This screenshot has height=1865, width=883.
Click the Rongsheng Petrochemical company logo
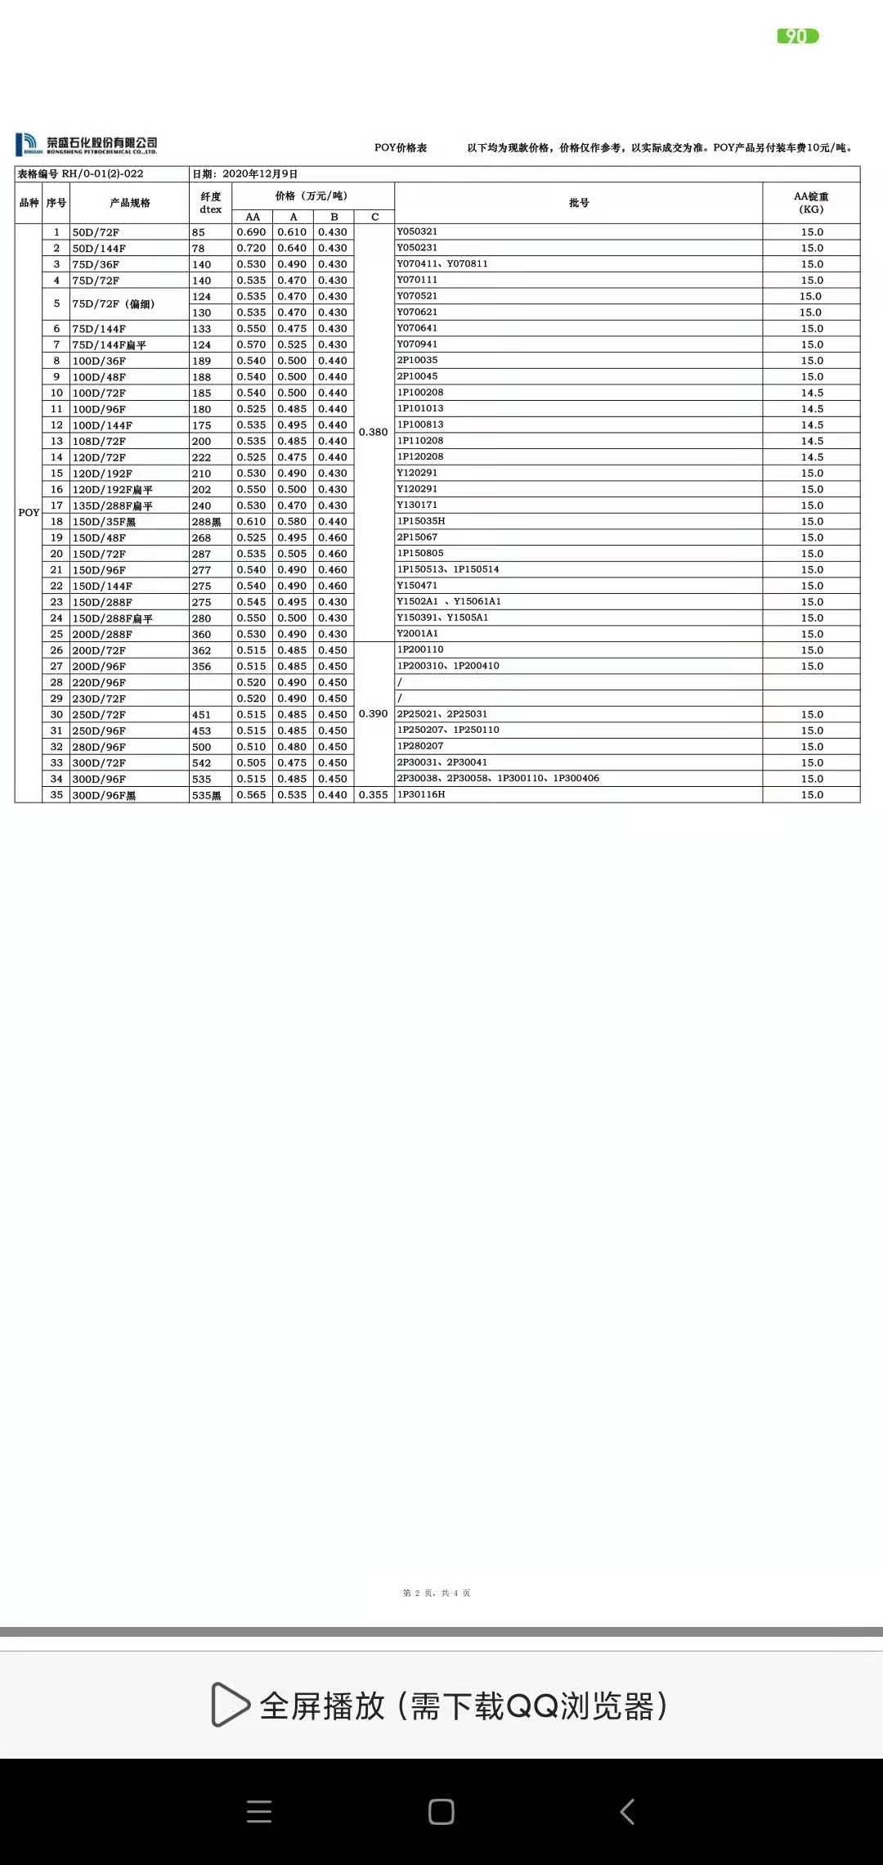tap(86, 145)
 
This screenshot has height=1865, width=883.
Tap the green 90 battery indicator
tap(797, 36)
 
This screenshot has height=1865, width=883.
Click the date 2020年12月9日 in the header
tap(259, 174)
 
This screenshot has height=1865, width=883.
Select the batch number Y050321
tap(417, 231)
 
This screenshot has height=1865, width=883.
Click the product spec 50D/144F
tap(99, 248)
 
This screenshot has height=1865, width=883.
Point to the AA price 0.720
tap(251, 248)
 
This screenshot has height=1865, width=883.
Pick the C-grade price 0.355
tap(373, 795)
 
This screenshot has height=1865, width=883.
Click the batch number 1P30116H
tap(421, 794)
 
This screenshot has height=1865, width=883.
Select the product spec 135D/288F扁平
tap(112, 506)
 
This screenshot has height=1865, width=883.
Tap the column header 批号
tap(579, 203)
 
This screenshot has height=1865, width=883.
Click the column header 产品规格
tap(129, 203)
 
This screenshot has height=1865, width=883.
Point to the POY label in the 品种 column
tap(29, 513)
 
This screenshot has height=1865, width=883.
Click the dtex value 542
tap(201, 763)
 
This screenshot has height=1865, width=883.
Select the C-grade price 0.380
tap(373, 432)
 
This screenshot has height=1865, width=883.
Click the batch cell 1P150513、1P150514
tap(448, 569)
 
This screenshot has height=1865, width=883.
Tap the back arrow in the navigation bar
tap(627, 1811)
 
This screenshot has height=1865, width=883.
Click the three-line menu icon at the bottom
tap(259, 1811)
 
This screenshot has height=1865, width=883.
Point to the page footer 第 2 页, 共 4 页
tap(437, 1593)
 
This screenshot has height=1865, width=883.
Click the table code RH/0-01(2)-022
tap(102, 174)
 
